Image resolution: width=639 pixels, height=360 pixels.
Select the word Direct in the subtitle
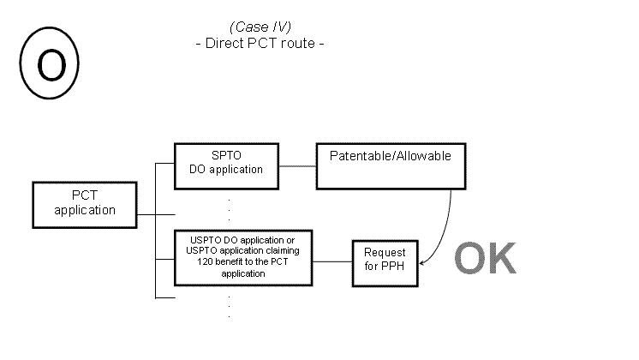pos(225,42)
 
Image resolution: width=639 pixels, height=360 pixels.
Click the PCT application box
pos(84,203)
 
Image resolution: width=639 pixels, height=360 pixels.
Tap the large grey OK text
pos(485,258)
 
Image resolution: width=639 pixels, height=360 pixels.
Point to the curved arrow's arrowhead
pos(422,256)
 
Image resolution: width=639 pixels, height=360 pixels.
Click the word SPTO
pos(226,156)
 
